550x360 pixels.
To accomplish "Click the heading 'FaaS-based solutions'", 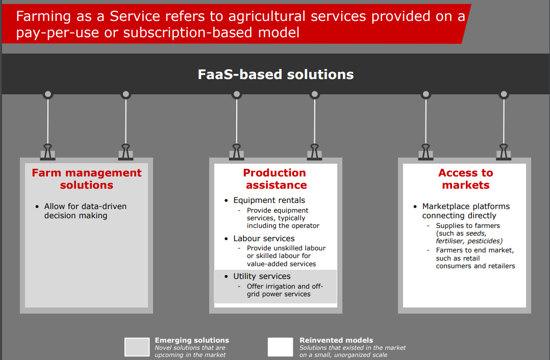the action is (276, 74).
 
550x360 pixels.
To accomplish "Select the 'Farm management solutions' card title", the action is (87, 179).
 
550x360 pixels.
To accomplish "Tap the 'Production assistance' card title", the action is (274, 179).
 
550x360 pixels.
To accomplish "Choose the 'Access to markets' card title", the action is (465, 179).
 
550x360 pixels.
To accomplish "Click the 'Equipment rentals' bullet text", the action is (269, 200).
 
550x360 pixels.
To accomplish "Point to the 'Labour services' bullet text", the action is (264, 239).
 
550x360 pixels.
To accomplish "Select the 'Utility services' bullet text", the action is (262, 276).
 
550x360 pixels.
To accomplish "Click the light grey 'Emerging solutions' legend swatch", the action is (137, 347).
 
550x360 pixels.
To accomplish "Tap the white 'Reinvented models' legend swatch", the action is (281, 347).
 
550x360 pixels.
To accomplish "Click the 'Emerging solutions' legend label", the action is (192, 340).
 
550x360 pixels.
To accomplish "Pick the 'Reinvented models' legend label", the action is (336, 340).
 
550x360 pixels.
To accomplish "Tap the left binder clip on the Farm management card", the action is (48, 152).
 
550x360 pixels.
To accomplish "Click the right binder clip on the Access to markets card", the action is (504, 152).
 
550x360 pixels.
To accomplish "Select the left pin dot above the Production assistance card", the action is (236, 94).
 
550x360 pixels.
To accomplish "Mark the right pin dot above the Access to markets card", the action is (504, 94).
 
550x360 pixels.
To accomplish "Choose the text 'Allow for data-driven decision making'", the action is (85, 211).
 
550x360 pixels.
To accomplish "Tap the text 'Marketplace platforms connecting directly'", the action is (465, 211).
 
